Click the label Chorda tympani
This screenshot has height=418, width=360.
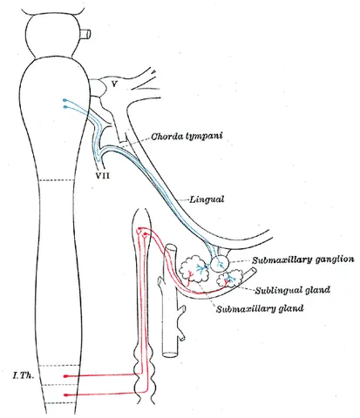click(x=187, y=136)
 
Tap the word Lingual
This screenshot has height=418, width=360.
click(x=207, y=199)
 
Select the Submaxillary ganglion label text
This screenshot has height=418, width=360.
click(x=303, y=260)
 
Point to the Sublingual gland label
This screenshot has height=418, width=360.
click(x=293, y=290)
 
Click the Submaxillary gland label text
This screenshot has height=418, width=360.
click(x=260, y=308)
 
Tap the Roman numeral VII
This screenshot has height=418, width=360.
click(x=103, y=175)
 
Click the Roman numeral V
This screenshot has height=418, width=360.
click(x=114, y=84)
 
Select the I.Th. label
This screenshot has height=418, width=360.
click(x=24, y=375)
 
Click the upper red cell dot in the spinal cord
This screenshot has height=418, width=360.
click(x=65, y=376)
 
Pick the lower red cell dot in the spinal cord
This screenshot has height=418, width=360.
click(x=65, y=394)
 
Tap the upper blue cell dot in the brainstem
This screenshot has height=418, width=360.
click(x=65, y=100)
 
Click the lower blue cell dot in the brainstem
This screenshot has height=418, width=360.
click(x=65, y=107)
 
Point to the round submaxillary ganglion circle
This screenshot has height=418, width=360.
click(x=220, y=263)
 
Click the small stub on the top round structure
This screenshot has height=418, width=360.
click(x=86, y=34)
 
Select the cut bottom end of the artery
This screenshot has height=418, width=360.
click(x=169, y=354)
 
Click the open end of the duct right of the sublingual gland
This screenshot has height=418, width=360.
click(x=255, y=271)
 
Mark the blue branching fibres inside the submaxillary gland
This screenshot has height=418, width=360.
click(x=200, y=269)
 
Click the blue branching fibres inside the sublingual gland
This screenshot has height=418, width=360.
click(x=230, y=278)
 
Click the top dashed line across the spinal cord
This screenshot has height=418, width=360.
click(x=57, y=180)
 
